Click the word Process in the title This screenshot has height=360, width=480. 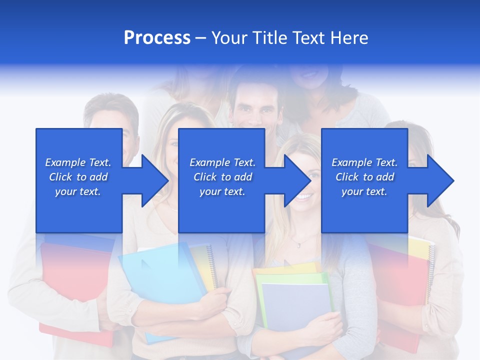pos(157,38)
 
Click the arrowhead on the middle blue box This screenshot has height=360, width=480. pos(295,180)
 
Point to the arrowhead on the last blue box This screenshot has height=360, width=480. pos(438,180)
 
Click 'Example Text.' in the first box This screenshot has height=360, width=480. pos(78,162)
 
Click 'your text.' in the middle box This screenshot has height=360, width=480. pos(222,191)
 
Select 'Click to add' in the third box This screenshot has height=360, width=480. pos(364,177)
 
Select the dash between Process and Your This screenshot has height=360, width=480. pos(200,38)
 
